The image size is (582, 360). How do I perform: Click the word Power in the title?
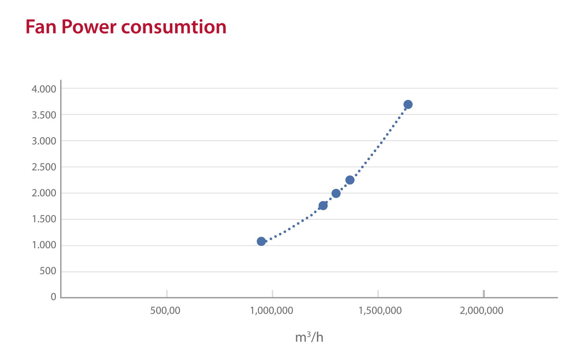(89, 27)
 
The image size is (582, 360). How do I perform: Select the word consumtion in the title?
(174, 27)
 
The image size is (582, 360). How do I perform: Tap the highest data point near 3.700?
(408, 104)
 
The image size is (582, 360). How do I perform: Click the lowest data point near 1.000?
(261, 241)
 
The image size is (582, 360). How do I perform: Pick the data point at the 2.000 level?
(336, 193)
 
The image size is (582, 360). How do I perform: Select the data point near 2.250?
(350, 180)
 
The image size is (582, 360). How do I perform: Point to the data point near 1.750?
(323, 205)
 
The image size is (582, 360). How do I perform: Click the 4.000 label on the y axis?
(44, 89)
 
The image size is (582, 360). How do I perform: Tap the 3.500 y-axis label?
(44, 115)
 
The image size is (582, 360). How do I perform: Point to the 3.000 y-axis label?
(44, 141)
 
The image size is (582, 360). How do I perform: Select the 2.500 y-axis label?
(44, 167)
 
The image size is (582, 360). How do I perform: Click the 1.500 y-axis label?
(44, 219)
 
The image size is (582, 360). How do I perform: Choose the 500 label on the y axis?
(48, 271)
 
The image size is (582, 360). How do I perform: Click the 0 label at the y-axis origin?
(54, 297)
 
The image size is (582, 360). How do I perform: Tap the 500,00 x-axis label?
(165, 311)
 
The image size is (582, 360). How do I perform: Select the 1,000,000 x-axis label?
(272, 311)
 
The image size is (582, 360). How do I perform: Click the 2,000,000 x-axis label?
(481, 311)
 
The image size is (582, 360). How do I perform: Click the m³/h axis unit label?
(309, 337)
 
